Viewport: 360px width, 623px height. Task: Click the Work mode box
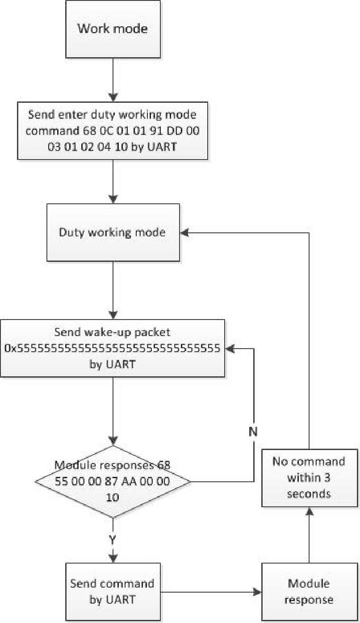(x=113, y=29)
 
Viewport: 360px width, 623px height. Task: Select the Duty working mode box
(x=113, y=232)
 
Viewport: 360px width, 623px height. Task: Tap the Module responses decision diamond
(x=113, y=482)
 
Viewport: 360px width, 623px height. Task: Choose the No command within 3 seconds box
(x=309, y=477)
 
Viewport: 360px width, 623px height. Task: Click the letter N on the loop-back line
(x=253, y=432)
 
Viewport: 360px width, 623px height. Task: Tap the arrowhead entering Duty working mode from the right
(x=184, y=232)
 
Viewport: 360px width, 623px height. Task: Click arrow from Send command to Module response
(x=210, y=592)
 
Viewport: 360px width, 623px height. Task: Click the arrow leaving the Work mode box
(x=113, y=80)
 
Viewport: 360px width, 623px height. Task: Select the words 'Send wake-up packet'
(x=113, y=333)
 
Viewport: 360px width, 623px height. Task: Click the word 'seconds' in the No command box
(x=309, y=494)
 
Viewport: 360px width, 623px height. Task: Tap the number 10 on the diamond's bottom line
(x=113, y=497)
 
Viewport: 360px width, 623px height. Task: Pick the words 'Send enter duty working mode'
(x=113, y=114)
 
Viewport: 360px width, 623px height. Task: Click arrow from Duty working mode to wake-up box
(x=113, y=290)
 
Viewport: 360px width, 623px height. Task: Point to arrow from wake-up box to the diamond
(x=113, y=411)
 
